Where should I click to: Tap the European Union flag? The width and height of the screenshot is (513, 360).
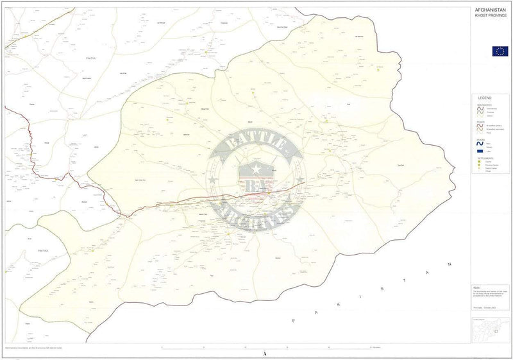(x=500, y=51)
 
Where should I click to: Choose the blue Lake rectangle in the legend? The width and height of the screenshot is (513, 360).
(x=480, y=150)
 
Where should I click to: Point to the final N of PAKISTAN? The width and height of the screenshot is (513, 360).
(x=451, y=264)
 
